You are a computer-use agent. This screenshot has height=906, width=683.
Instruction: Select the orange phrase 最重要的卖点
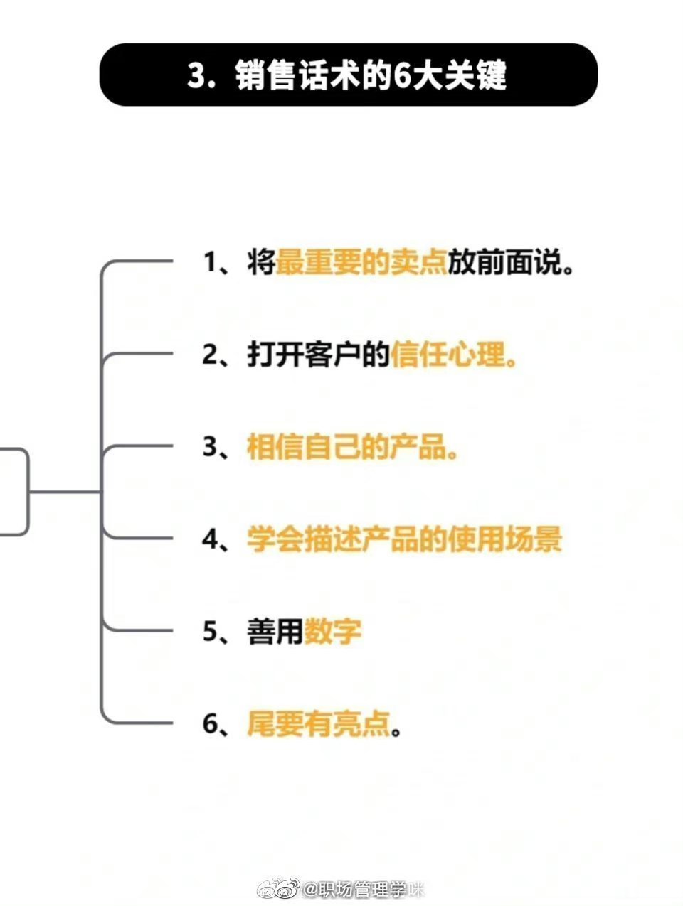point(361,264)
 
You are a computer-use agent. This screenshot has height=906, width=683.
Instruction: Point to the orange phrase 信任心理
point(453,355)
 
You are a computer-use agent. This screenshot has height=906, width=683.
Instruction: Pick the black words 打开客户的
point(318,355)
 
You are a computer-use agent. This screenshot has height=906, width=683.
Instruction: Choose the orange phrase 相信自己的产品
point(352,448)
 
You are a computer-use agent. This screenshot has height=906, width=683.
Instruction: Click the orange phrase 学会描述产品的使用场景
point(404,539)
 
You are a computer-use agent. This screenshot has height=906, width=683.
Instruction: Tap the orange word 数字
point(333,631)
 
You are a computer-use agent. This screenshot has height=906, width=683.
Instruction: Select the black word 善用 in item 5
point(275,631)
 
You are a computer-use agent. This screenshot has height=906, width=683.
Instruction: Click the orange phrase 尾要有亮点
point(319,723)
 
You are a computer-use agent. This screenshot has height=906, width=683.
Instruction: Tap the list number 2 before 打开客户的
point(210,355)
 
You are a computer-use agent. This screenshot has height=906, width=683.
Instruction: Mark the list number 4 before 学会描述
point(211,539)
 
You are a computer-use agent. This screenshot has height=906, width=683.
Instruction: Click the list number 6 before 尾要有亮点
point(211,723)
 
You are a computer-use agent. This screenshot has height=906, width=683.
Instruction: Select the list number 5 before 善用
point(211,631)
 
